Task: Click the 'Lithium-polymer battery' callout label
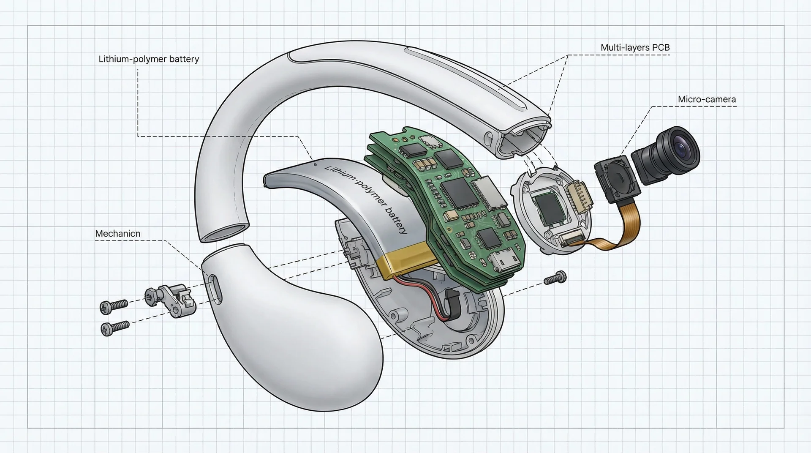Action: pos(149,59)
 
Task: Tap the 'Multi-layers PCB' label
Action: pos(635,48)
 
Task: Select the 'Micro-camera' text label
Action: pos(707,100)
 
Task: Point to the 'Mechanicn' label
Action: pos(117,234)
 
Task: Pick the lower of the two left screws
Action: pos(114,327)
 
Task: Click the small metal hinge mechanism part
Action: pos(171,300)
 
